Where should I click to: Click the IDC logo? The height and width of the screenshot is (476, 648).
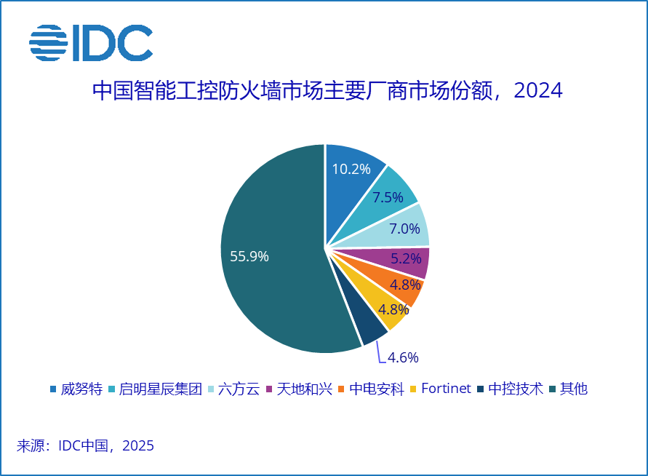point(91,43)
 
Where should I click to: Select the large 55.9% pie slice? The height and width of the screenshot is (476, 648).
point(269,247)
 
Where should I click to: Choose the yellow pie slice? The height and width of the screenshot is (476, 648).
point(390,310)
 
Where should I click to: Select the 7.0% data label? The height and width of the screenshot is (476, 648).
point(405,229)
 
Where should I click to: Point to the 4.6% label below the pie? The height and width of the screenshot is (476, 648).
point(403,357)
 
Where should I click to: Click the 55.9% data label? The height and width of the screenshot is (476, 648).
point(249,256)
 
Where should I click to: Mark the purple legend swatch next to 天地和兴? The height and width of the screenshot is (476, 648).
point(271,389)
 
